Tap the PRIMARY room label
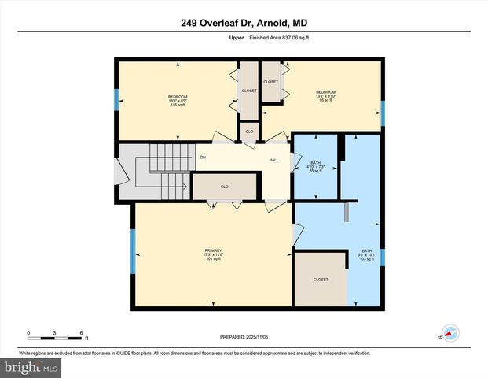pyautogui.click(x=215, y=250)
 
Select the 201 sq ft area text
pyautogui.click(x=215, y=258)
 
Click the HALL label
pyautogui.click(x=274, y=159)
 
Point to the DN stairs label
pyautogui.click(x=203, y=158)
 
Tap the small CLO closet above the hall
pyautogui.click(x=249, y=132)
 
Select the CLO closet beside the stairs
pyautogui.click(x=224, y=187)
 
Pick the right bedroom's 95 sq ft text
pyautogui.click(x=325, y=101)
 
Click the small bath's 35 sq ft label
pyautogui.click(x=314, y=171)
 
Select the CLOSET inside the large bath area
pyautogui.click(x=320, y=280)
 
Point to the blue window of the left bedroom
pyautogui.click(x=117, y=99)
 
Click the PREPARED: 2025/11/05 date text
pyautogui.click(x=244, y=337)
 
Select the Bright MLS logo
pyautogui.click(x=31, y=367)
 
